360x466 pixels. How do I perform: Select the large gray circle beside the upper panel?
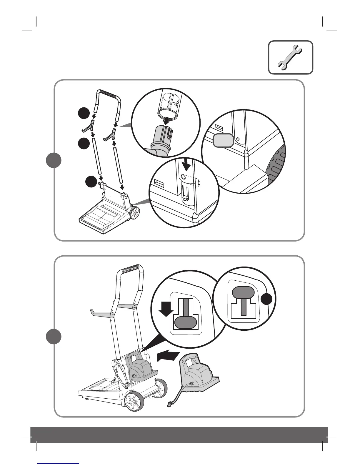click(54, 161)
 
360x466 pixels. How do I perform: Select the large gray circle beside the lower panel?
click(54, 337)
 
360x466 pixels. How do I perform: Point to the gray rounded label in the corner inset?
click(223, 140)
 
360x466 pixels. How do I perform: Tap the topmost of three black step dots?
click(84, 114)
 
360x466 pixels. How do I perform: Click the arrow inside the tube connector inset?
click(166, 119)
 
